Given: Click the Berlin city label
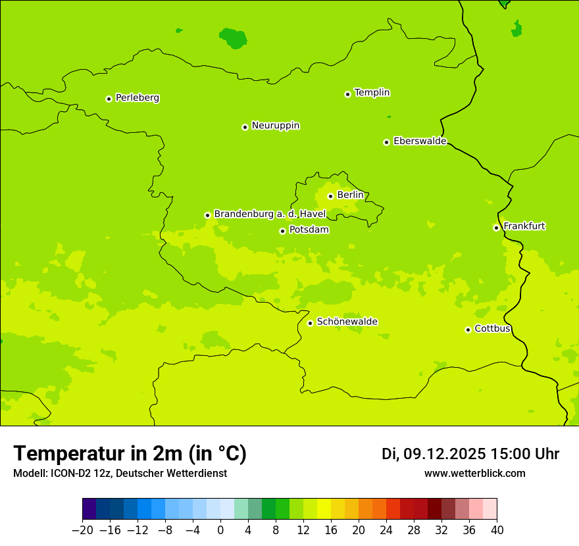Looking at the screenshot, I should (350, 195).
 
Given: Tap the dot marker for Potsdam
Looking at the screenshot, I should (282, 231).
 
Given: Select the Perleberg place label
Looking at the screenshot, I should (137, 98).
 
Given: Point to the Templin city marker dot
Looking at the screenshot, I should (347, 94).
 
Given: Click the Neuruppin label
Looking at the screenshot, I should (275, 126).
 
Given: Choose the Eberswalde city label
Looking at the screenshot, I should (420, 141).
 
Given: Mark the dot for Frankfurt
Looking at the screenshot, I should (496, 228).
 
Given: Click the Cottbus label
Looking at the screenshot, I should (492, 328).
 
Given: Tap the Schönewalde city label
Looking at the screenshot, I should (347, 322).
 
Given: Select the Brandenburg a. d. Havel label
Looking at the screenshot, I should (270, 214).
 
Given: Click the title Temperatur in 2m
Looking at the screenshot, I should (130, 454).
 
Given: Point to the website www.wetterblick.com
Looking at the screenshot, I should (474, 474).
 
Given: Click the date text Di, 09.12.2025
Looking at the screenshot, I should (434, 454).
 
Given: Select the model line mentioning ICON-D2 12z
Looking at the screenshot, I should (120, 474).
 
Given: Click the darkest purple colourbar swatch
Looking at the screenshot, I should (89, 509).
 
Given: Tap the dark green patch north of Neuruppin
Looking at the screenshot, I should (233, 38).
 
